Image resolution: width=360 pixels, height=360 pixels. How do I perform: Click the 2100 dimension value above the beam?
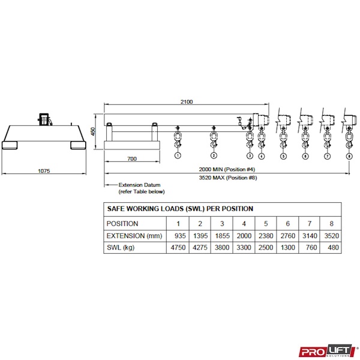[187, 102]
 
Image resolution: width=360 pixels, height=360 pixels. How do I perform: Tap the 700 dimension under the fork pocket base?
[132, 158]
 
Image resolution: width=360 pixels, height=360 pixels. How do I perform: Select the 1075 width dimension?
[44, 171]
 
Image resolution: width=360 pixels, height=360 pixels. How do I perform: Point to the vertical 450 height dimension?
[93, 131]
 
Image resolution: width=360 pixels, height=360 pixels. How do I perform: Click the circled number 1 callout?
[178, 155]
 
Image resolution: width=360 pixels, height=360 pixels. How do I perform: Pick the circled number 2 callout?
[214, 155]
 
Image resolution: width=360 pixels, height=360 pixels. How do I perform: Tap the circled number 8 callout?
[349, 157]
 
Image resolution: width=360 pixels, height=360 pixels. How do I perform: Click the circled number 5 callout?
[283, 157]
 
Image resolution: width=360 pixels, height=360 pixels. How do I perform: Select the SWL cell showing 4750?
[178, 247]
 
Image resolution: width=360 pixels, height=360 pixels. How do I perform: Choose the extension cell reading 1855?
[222, 236]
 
